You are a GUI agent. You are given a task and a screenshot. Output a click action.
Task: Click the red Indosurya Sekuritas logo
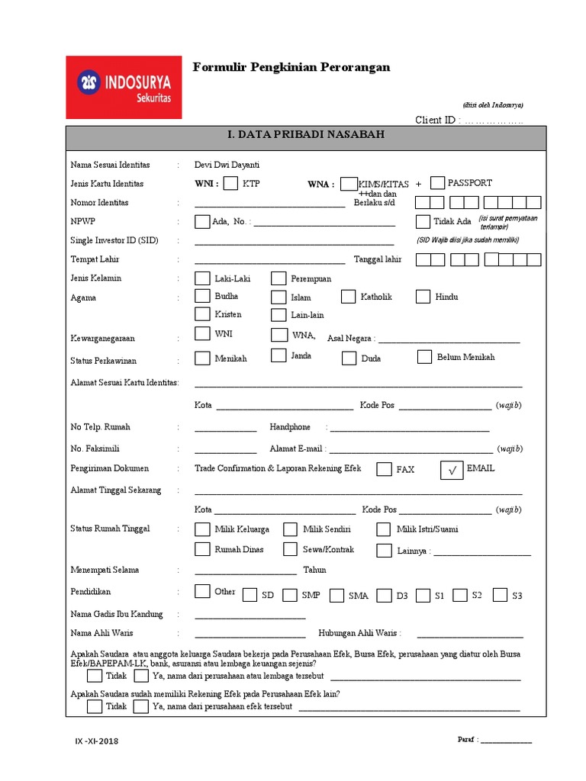[124, 87]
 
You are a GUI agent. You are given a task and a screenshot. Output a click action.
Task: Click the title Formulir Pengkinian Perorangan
[291, 67]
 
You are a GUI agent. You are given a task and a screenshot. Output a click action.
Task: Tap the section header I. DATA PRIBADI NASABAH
[306, 135]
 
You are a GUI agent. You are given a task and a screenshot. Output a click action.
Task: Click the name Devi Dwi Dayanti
[227, 165]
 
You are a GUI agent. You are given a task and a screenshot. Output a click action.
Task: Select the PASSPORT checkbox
[437, 183]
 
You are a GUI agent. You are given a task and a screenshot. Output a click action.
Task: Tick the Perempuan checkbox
[279, 278]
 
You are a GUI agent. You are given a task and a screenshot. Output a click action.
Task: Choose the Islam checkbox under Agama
[279, 296]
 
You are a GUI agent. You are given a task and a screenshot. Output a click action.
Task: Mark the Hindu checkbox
[423, 296]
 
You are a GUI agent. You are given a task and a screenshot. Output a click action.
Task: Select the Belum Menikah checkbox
[425, 357]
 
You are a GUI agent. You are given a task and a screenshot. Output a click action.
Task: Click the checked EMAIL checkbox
[452, 471]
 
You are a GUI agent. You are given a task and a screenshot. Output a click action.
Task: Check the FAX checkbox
[385, 469]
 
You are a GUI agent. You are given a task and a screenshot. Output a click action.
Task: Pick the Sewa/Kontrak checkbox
[290, 549]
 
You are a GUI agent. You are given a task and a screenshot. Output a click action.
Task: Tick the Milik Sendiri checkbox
[290, 529]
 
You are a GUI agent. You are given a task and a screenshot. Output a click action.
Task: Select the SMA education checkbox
[336, 595]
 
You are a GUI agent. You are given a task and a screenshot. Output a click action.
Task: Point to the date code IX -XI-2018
[96, 741]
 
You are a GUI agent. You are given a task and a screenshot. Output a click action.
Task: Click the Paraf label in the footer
[467, 740]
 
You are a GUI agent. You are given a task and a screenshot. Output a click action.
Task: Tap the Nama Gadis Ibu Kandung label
[116, 614]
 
